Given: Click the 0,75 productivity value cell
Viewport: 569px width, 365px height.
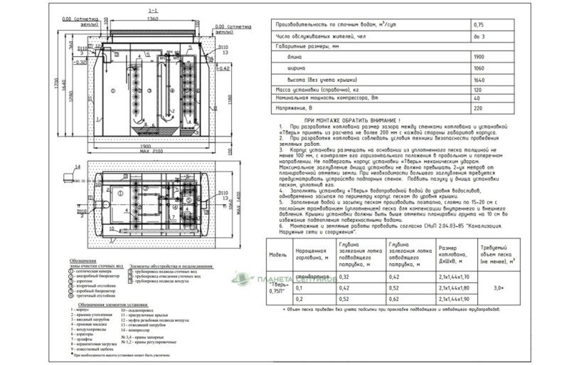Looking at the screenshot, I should coord(477,24).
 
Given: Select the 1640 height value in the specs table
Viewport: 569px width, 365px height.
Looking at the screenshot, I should coord(478,80).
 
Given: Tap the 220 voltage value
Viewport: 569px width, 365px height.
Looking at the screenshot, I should coord(477,108).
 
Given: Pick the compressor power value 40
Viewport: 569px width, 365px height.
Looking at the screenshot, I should coord(476,99).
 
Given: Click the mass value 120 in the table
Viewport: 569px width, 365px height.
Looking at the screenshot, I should coord(477,90).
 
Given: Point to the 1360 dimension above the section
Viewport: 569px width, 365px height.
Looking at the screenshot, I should coord(152,18).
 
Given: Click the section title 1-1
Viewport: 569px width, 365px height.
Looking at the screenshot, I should coord(152,11).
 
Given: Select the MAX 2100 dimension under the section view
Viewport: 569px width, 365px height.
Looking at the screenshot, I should coord(151,151).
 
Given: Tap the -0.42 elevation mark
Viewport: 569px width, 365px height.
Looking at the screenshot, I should coord(223,69).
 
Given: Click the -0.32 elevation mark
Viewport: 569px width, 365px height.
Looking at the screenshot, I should coord(80,62).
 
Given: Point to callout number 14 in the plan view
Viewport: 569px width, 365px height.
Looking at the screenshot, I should coord(75,168).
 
